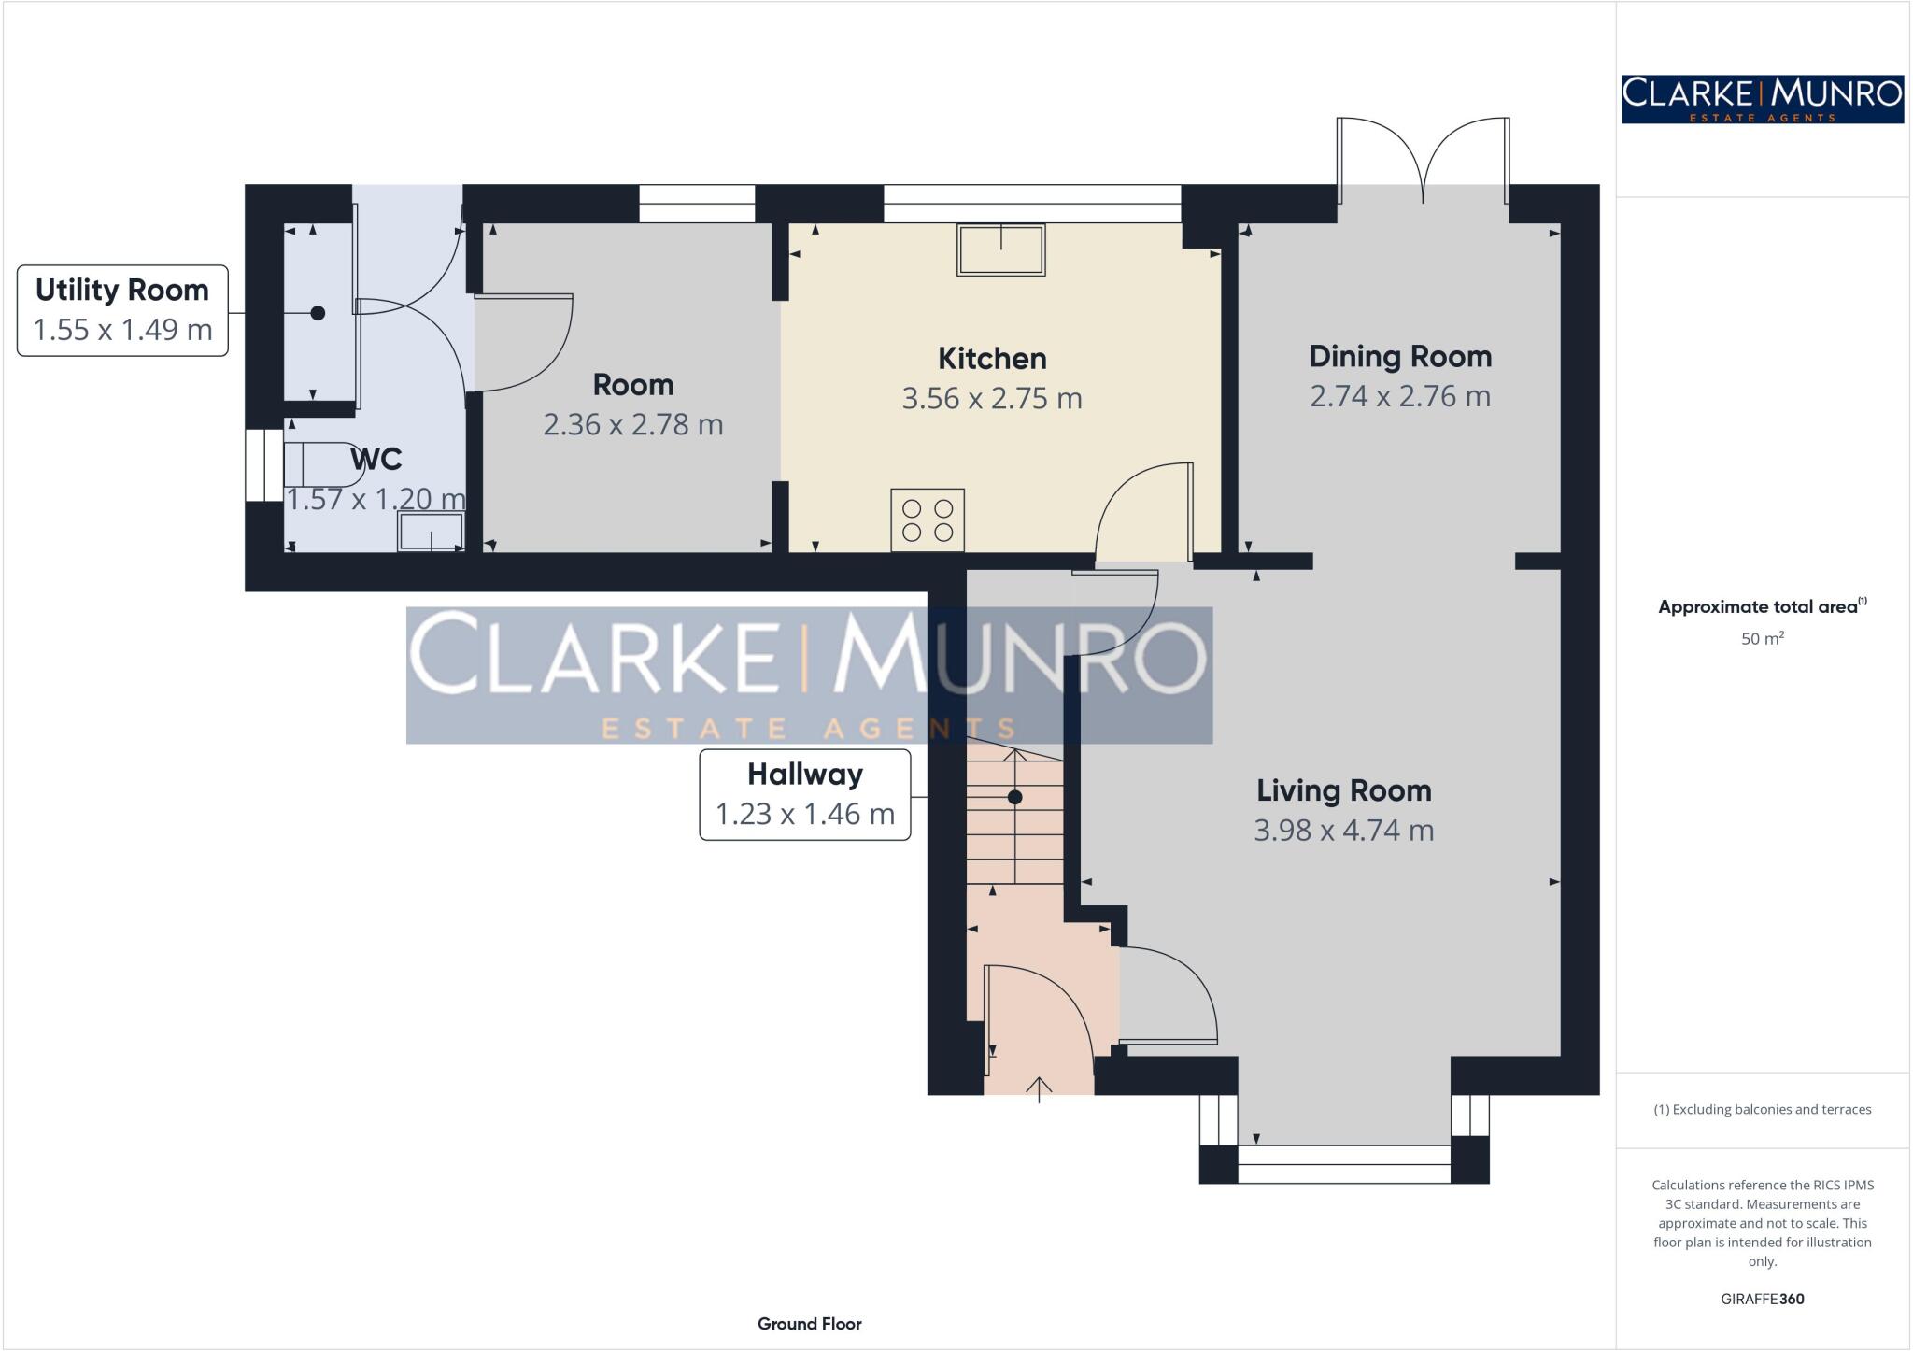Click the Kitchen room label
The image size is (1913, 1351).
[x=991, y=359]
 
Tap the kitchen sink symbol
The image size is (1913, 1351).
[x=1000, y=249]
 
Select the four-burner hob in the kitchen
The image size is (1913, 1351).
[x=927, y=520]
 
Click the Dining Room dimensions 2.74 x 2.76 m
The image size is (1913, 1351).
[x=1399, y=396]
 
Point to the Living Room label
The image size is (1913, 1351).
[x=1343, y=791]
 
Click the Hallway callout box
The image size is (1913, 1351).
[x=804, y=794]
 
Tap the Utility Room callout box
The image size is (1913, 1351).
[x=122, y=310]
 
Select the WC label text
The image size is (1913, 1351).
[x=376, y=460]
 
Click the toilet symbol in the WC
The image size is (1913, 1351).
[x=323, y=464]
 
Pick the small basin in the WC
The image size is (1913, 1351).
[x=431, y=532]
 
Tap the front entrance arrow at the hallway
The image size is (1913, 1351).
[x=1039, y=1089]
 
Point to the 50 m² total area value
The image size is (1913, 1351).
[x=1762, y=639]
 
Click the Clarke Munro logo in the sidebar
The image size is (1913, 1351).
[x=1762, y=99]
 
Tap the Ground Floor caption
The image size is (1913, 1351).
[x=809, y=1324]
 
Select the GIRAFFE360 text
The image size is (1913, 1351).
[x=1762, y=1299]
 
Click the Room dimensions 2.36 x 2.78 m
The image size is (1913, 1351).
[x=632, y=425]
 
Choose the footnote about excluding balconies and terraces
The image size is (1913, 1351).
[x=1762, y=1110]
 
